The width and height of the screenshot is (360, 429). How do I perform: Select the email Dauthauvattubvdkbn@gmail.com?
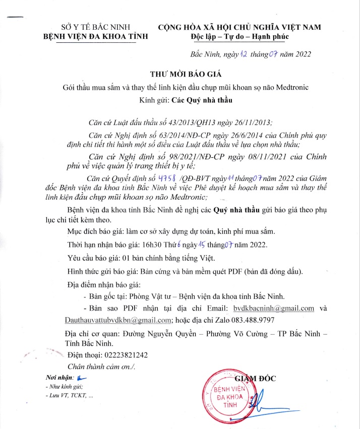119,320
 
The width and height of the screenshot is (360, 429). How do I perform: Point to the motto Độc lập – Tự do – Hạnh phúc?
239,37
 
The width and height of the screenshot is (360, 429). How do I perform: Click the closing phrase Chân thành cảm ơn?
101,366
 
